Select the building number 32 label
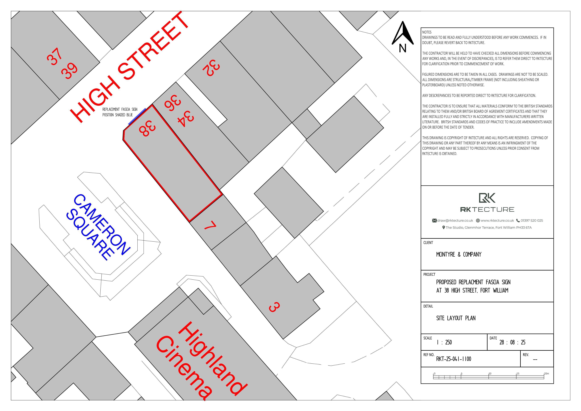click(211, 68)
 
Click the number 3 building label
click(274, 307)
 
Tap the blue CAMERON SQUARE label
click(98, 227)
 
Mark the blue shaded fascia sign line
click(137, 117)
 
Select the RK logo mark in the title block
click(487, 198)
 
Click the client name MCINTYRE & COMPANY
click(459, 254)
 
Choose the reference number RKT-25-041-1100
click(453, 359)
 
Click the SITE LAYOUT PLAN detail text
click(456, 318)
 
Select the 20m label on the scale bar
click(547, 374)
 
